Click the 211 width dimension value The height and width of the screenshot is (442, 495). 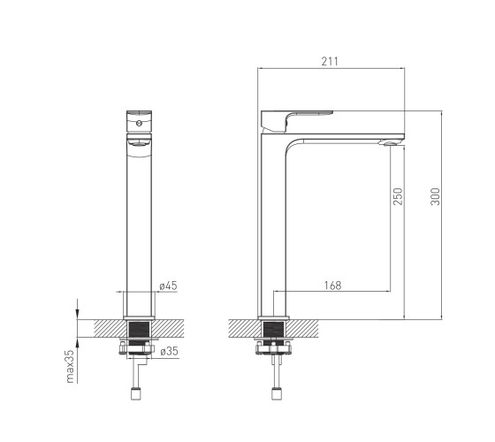pos(330,61)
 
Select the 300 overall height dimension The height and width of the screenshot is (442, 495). pos(435,196)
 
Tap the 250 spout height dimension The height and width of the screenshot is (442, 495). pos(398,196)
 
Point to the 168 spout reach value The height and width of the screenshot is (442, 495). pos(332,286)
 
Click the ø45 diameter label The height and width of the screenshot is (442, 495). pos(169,286)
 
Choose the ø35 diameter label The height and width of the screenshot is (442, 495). pos(169,351)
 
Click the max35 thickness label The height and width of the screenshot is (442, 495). pos(70,366)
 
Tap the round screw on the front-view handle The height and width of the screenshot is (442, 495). pos(139,124)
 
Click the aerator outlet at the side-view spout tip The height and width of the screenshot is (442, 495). pos(388,143)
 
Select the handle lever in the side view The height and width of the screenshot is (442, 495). pos(297,121)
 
